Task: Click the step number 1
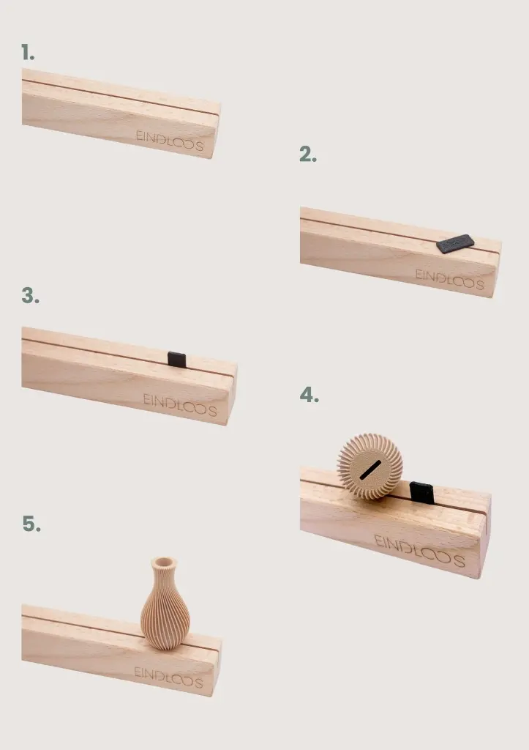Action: click(x=28, y=52)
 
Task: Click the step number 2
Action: click(x=308, y=155)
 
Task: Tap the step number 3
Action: click(x=30, y=296)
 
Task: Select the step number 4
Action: click(x=309, y=395)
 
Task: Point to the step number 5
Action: click(x=31, y=524)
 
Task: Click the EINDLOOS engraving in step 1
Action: click(x=170, y=141)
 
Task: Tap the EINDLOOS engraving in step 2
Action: click(x=449, y=279)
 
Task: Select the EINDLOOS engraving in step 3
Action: click(x=180, y=404)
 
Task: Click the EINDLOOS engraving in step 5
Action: click(x=168, y=677)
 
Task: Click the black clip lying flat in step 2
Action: click(x=455, y=243)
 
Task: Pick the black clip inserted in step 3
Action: click(x=177, y=359)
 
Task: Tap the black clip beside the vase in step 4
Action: click(x=422, y=493)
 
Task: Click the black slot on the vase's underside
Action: click(x=370, y=470)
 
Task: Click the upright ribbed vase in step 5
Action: click(x=165, y=604)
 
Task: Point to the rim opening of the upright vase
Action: click(x=163, y=562)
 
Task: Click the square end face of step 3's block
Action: click(x=231, y=393)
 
